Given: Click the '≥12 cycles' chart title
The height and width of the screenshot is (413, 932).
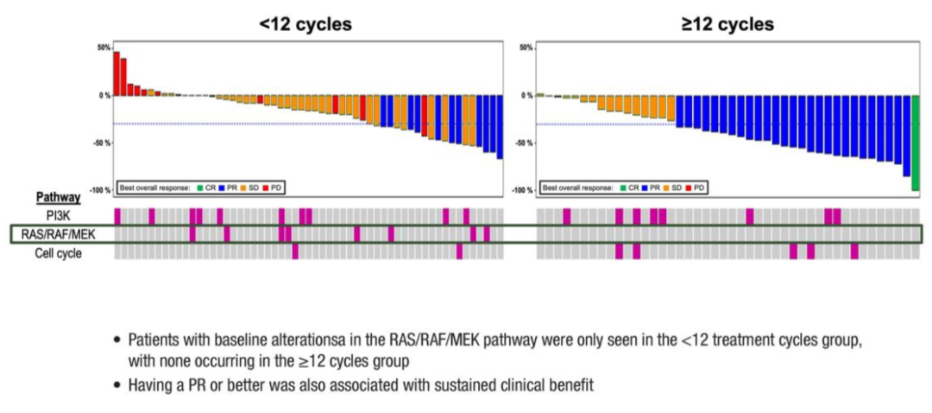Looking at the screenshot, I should pyautogui.click(x=727, y=24).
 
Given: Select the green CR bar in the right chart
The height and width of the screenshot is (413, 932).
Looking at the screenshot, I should pyautogui.click(x=916, y=143).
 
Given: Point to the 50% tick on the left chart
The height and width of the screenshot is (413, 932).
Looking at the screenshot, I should pyautogui.click(x=103, y=47).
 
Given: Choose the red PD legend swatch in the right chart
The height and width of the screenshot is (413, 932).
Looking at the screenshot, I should pyautogui.click(x=687, y=187).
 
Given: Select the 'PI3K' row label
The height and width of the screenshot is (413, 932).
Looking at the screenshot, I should pyautogui.click(x=59, y=215).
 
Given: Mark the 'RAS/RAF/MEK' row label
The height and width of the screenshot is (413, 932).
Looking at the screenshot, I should pyautogui.click(x=59, y=233).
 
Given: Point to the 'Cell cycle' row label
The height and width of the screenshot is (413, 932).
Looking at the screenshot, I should pyautogui.click(x=59, y=252).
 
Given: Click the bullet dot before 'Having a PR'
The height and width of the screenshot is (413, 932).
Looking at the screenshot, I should pyautogui.click(x=117, y=384).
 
